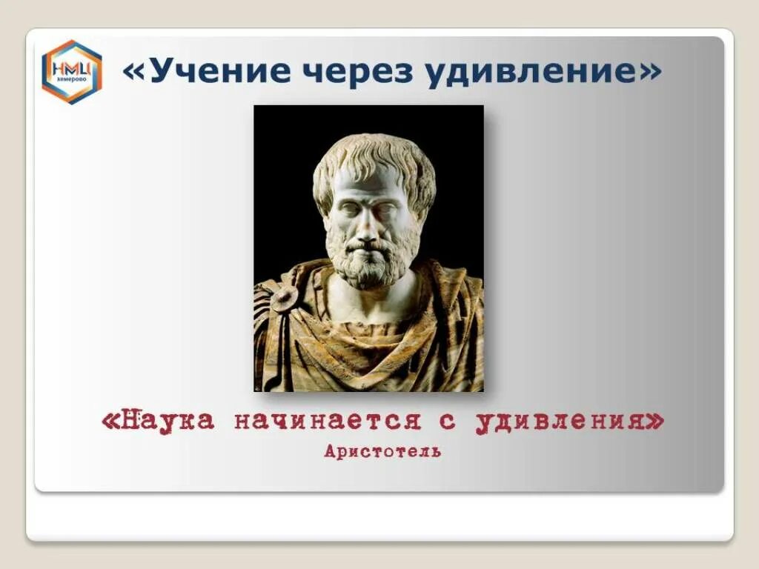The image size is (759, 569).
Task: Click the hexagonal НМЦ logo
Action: click(x=71, y=71)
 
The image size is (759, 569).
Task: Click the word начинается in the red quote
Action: click(x=329, y=421)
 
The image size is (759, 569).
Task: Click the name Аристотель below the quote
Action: click(x=382, y=450)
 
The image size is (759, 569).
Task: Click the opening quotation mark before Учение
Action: click(x=136, y=71)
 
